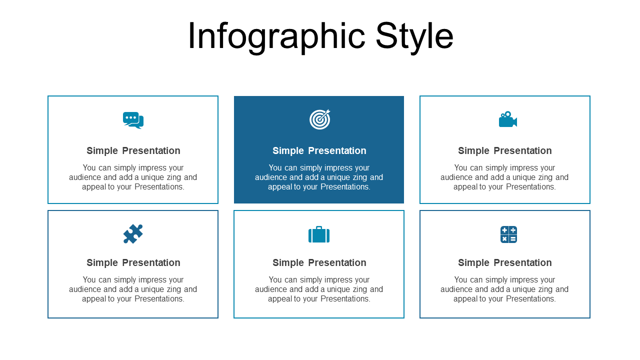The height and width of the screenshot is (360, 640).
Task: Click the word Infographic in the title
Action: [x=276, y=36]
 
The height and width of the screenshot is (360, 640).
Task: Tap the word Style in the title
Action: [x=414, y=36]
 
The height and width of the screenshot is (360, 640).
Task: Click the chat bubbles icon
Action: [x=133, y=120]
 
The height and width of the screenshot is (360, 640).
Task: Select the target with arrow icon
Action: [x=319, y=119]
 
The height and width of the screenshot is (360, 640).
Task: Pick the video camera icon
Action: [x=508, y=119]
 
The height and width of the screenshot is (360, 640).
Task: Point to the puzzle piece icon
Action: [x=133, y=233]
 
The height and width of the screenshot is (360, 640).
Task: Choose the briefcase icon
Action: [x=319, y=234]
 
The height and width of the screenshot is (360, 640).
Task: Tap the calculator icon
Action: [x=508, y=234]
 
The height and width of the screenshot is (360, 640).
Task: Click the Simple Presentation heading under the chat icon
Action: [x=133, y=150]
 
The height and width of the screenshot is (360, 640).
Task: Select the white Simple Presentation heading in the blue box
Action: [x=319, y=150]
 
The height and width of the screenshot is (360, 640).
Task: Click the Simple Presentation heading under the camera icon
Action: [x=505, y=150]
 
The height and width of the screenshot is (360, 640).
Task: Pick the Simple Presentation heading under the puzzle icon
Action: [x=133, y=262]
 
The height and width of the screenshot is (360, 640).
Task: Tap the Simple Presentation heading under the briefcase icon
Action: [x=319, y=262]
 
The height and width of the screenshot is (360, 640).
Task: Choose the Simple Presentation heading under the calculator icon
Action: [x=505, y=262]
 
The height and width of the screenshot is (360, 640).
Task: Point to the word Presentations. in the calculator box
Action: [x=531, y=299]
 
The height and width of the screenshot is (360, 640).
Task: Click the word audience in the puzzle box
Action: [x=85, y=289]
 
